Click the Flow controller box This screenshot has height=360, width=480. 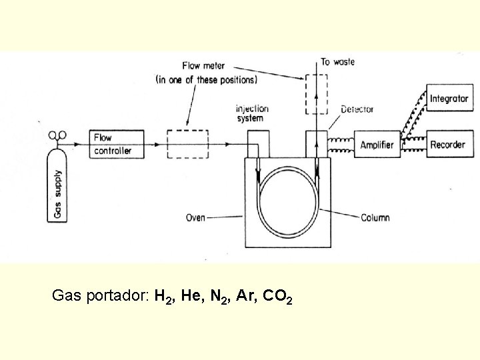[x=112, y=144]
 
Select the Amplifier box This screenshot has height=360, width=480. [x=377, y=145]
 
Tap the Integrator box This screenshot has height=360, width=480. [x=449, y=99]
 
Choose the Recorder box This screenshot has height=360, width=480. [x=448, y=145]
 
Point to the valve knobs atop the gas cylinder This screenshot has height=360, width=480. [x=57, y=135]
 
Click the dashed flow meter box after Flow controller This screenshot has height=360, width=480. [x=187, y=143]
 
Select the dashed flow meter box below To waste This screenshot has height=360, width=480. [x=317, y=94]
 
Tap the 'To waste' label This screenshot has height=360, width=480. [x=337, y=62]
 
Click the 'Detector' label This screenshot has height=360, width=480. [x=357, y=109]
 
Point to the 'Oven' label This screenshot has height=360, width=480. [x=195, y=217]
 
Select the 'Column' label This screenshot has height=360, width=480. [x=375, y=217]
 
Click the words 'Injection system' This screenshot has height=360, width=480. [x=252, y=113]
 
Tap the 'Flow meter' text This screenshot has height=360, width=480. [x=203, y=66]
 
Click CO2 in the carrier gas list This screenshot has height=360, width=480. [x=277, y=296]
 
